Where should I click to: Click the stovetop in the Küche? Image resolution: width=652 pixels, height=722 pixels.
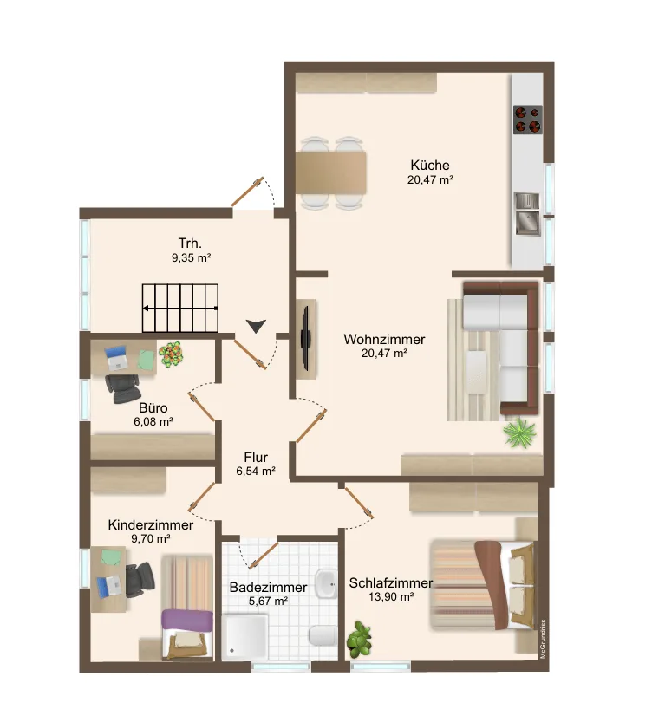(x=528, y=120)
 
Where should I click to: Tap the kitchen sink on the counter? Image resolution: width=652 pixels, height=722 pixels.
(x=527, y=214)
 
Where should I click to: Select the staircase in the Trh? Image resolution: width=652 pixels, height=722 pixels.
(x=180, y=308)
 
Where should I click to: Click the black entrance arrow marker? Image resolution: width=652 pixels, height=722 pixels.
(x=256, y=326)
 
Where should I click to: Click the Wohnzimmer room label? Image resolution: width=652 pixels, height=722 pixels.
(x=384, y=340)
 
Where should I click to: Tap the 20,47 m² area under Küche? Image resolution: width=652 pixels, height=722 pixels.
(x=430, y=179)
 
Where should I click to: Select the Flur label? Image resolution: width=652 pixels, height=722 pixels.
(x=256, y=458)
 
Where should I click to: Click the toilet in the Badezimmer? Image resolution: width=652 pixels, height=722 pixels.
(x=323, y=636)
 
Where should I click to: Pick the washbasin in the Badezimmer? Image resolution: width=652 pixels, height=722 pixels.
(x=326, y=584)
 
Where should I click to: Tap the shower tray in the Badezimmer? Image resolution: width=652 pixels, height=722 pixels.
(x=244, y=637)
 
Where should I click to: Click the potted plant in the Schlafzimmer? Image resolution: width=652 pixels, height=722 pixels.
(x=359, y=639)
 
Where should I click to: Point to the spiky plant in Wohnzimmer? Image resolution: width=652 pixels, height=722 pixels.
(x=520, y=433)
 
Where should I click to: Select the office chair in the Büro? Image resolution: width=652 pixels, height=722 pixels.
(x=123, y=389)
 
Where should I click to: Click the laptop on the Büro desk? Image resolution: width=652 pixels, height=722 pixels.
(x=116, y=358)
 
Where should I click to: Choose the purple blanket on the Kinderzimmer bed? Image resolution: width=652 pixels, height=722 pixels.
(x=187, y=621)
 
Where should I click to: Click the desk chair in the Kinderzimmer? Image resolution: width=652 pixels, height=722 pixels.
(x=140, y=579)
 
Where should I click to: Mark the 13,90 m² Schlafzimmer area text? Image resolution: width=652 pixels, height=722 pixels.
(x=391, y=597)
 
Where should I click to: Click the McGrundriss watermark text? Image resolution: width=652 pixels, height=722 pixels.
(x=544, y=639)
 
